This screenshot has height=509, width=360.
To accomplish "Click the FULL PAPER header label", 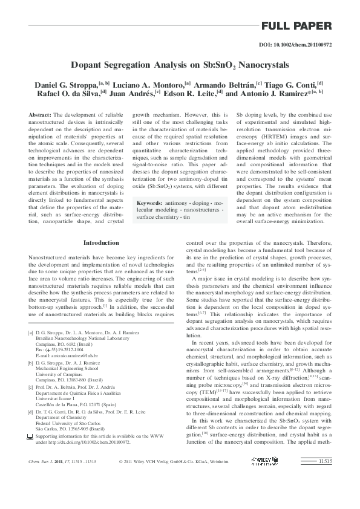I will [296, 26].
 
